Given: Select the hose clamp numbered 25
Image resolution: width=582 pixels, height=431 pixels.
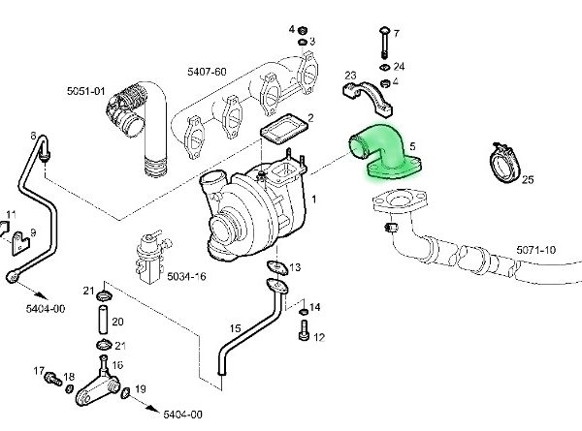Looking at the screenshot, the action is (504, 163).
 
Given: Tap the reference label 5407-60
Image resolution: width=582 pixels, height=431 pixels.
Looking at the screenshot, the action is (207, 72).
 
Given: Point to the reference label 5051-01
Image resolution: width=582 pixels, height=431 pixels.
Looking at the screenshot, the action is (86, 91).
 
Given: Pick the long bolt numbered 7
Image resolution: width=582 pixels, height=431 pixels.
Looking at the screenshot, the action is (384, 43).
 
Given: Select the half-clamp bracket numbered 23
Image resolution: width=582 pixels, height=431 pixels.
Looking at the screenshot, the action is (368, 98).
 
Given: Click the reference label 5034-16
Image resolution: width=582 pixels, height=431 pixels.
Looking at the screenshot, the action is (186, 276).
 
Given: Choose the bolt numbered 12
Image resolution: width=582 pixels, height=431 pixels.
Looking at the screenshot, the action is (304, 330).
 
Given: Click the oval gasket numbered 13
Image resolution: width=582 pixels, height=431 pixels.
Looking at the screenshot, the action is (277, 268).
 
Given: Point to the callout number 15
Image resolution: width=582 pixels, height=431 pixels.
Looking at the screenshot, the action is (236, 328).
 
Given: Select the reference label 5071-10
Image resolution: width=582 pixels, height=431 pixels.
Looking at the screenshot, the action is (536, 250).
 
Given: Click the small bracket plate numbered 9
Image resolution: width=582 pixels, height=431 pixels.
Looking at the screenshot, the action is (20, 243).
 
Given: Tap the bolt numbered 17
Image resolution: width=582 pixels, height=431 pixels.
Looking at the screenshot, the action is (53, 379).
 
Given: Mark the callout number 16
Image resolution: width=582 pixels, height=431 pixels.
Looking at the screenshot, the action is (117, 365).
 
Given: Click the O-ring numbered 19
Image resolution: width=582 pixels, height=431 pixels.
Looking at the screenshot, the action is (125, 393).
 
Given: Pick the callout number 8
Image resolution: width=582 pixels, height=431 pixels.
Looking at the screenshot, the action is (33, 137).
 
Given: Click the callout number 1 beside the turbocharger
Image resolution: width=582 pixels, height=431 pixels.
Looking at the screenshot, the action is (314, 200).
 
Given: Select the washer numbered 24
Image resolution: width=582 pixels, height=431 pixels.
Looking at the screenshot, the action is (385, 68).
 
